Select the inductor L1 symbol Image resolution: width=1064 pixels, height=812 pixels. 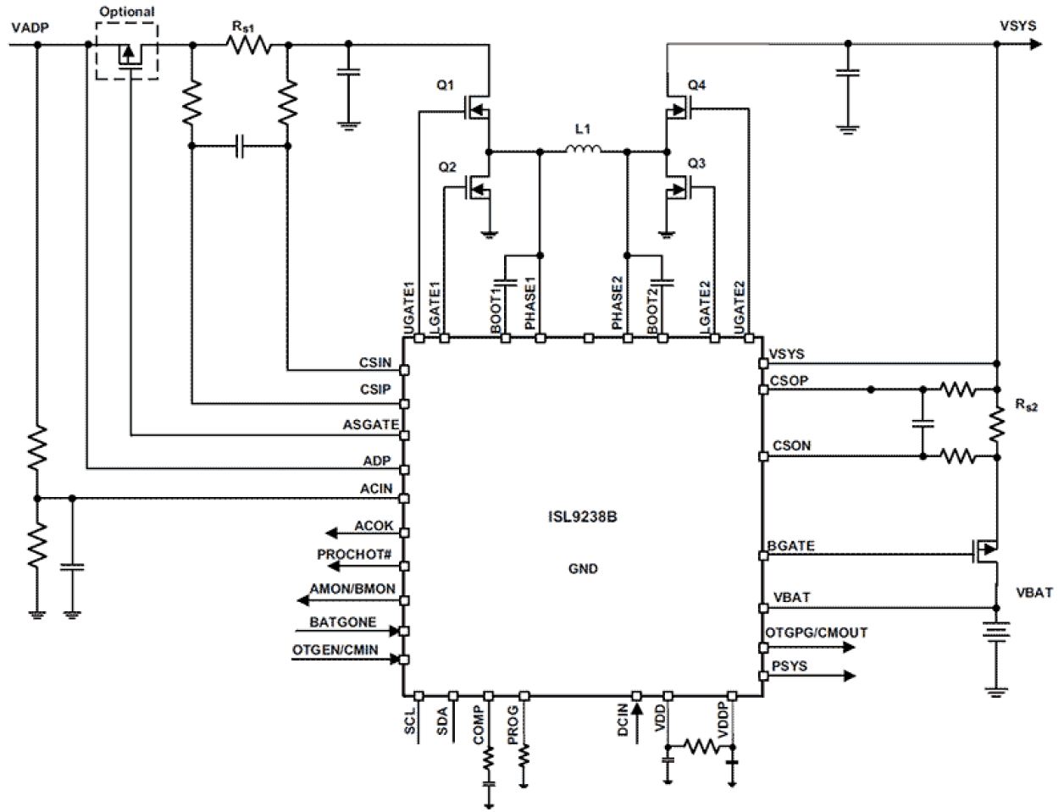[584, 152]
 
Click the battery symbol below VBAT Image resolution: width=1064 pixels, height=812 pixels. [997, 635]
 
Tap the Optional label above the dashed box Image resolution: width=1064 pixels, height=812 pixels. [126, 12]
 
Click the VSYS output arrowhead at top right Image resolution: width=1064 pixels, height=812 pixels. [1034, 44]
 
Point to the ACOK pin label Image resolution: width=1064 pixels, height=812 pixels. [374, 526]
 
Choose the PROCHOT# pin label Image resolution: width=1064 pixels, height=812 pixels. [354, 555]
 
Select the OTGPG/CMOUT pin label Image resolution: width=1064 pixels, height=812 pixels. [816, 632]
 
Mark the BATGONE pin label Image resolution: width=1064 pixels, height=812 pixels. [342, 622]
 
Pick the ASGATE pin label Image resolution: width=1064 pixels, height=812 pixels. [370, 425]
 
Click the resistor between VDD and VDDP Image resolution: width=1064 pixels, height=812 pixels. [700, 747]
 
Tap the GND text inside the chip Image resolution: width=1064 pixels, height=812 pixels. [583, 569]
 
